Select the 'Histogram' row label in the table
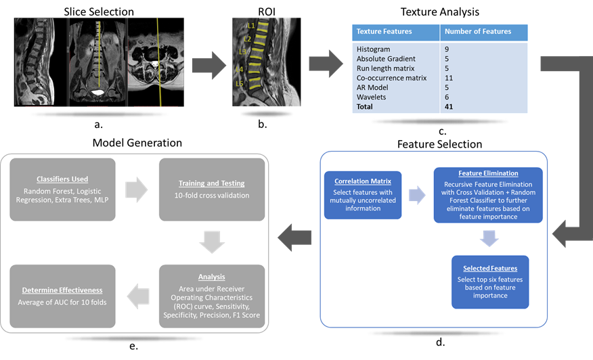(x=374, y=49)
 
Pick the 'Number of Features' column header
(x=478, y=31)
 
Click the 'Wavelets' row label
(x=371, y=97)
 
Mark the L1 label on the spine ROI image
(x=250, y=26)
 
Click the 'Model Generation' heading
(x=137, y=143)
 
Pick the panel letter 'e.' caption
(x=133, y=346)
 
